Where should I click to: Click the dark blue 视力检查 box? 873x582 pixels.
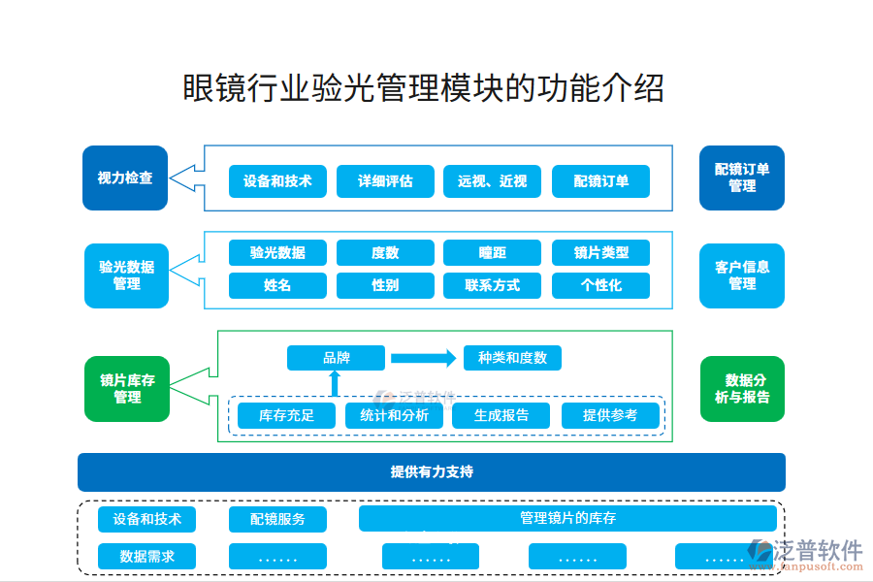pos(125,178)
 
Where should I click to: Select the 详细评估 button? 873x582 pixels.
pos(385,181)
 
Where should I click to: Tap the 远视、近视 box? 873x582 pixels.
pos(492,181)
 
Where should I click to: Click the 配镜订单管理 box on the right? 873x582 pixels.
pos(742,178)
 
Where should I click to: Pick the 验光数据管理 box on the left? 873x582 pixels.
pos(127,275)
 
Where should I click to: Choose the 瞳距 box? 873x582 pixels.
pos(492,253)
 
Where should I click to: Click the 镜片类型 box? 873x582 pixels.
pos(600,253)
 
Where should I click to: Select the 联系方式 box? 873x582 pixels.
pos(492,285)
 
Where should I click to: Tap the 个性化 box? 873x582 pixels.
pos(600,285)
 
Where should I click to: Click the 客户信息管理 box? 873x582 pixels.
pos(742,275)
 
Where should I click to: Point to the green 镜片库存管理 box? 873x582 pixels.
pos(127,389)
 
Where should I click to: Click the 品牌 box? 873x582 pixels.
pos(336,358)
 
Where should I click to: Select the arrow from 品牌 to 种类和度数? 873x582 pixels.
pos(423,358)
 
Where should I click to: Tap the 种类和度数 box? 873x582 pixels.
pos(512,358)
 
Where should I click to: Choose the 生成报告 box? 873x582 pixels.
pos(501,416)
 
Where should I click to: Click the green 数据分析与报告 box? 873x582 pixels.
pos(742,389)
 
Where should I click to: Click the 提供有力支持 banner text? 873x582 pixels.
pos(432,472)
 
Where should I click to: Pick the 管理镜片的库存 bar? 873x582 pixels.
pos(567,518)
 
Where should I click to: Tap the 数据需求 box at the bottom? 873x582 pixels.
pos(146,557)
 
